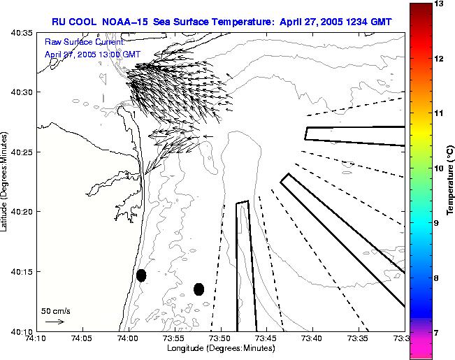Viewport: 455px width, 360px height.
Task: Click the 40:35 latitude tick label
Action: (x=21, y=33)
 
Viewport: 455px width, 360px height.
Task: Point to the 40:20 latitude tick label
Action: (x=21, y=212)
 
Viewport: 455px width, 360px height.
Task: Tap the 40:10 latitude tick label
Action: (x=21, y=331)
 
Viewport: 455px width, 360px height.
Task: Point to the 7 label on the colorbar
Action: (x=438, y=333)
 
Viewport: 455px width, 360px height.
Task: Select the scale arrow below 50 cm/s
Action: (x=55, y=322)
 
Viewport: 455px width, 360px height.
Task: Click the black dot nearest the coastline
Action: (x=141, y=275)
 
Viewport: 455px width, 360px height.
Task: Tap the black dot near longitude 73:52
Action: (x=198, y=289)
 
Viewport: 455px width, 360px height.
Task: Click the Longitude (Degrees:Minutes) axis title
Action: (x=219, y=348)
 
